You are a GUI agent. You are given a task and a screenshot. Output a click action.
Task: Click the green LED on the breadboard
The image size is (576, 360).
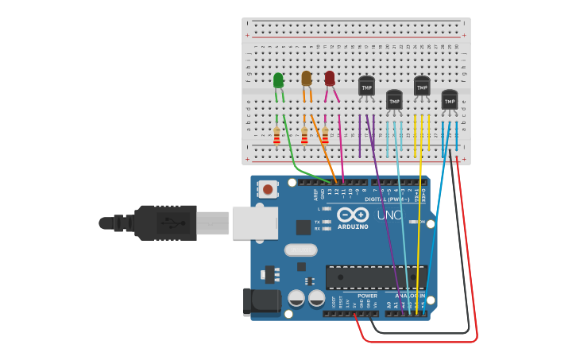pyautogui.click(x=278, y=80)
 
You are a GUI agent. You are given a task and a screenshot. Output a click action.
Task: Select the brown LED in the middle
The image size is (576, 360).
pyautogui.click(x=307, y=78)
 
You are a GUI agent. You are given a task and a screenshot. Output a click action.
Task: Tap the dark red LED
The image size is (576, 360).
pyautogui.click(x=330, y=78)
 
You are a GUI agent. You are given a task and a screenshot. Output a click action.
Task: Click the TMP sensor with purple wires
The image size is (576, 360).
pyautogui.click(x=366, y=86)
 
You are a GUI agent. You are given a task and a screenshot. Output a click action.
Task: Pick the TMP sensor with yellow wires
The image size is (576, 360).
pyautogui.click(x=422, y=86)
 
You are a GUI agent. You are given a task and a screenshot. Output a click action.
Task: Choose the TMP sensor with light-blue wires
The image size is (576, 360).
pyautogui.click(x=394, y=100)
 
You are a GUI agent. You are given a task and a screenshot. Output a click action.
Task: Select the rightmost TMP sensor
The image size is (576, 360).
pyautogui.click(x=450, y=100)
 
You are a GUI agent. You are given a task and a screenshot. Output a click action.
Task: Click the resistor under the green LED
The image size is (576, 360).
pyautogui.click(x=276, y=137)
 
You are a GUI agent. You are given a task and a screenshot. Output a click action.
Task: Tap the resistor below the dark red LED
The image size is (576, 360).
pyautogui.click(x=325, y=137)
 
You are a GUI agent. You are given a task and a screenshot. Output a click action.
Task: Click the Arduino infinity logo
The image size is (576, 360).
pyautogui.click(x=353, y=215)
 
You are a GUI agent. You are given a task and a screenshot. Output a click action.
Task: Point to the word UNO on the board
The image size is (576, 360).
pyautogui.click(x=390, y=215)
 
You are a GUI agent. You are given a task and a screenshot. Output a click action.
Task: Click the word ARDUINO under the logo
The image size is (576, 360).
pyautogui.click(x=353, y=226)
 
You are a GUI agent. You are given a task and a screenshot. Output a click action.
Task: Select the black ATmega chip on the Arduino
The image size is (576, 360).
pyautogui.click(x=376, y=277)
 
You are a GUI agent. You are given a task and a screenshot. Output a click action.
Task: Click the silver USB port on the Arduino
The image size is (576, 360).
pyautogui.click(x=255, y=223)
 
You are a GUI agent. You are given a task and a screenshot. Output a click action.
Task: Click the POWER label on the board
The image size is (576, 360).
pyautogui.click(x=367, y=296)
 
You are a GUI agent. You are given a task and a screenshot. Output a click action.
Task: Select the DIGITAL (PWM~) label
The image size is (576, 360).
pyautogui.click(x=388, y=199)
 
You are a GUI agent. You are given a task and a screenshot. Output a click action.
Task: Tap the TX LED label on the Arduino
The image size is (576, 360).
pyautogui.click(x=317, y=222)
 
